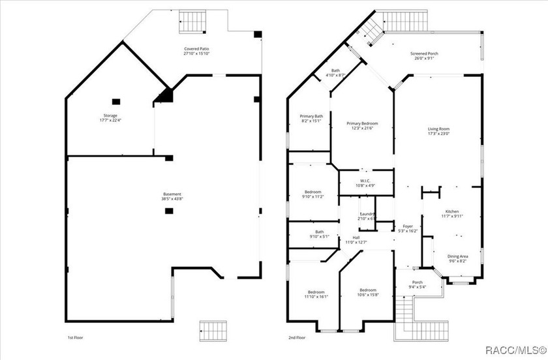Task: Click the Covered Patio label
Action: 196,48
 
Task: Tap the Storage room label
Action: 108,115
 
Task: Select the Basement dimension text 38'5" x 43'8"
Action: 172,198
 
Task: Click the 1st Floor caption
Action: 75,338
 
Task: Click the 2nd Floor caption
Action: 297,338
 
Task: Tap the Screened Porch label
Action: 422,53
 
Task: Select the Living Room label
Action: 438,129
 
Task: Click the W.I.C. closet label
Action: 365,181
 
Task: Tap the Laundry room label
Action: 367,214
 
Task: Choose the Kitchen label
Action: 452,211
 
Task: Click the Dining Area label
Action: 457,256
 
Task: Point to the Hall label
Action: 356,237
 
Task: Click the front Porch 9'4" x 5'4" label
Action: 417,282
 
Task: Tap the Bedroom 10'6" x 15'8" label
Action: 368,290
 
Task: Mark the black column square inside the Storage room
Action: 115,101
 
